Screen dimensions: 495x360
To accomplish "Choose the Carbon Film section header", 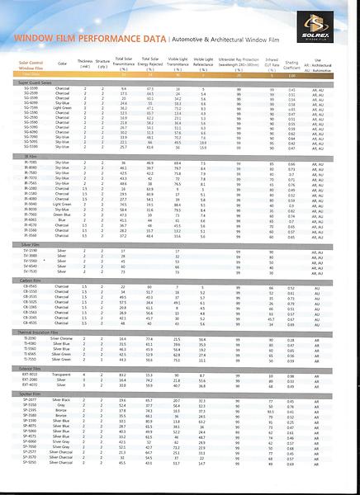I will click(x=34, y=280).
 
